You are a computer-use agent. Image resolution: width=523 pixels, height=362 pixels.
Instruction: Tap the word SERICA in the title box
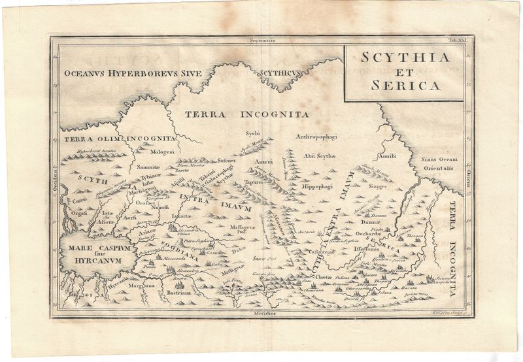click(403, 84)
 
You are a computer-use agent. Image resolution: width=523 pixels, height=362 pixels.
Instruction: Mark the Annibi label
click(387, 156)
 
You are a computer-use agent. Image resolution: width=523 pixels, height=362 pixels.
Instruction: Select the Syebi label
click(252, 133)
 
